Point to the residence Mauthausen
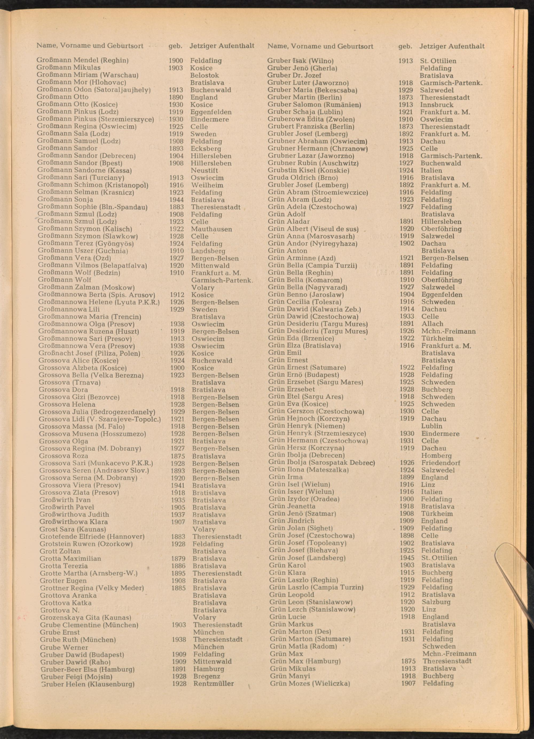pyautogui.click(x=211, y=229)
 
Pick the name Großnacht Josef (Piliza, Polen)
pyautogui.click(x=89, y=353)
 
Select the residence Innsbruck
pyautogui.click(x=437, y=105)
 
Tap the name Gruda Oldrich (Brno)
pyautogui.click(x=303, y=178)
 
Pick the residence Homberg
pyautogui.click(x=437, y=455)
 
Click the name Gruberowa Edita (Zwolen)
pyautogui.click(x=311, y=120)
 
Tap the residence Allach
pyautogui.click(x=432, y=324)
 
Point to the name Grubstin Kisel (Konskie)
pyautogui.click(x=308, y=170)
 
